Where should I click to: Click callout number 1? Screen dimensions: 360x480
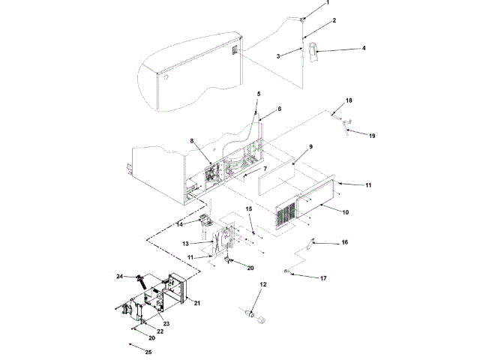coord(328,3)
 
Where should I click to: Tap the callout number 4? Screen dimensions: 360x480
coord(343,49)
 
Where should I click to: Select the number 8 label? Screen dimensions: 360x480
coord(192,141)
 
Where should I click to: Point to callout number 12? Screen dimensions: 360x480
coord(263,284)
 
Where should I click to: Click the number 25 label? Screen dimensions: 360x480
coord(148,352)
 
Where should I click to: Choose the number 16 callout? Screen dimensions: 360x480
coord(345,242)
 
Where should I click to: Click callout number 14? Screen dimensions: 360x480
coord(180,223)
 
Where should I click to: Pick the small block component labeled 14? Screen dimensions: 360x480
coord(203,220)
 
